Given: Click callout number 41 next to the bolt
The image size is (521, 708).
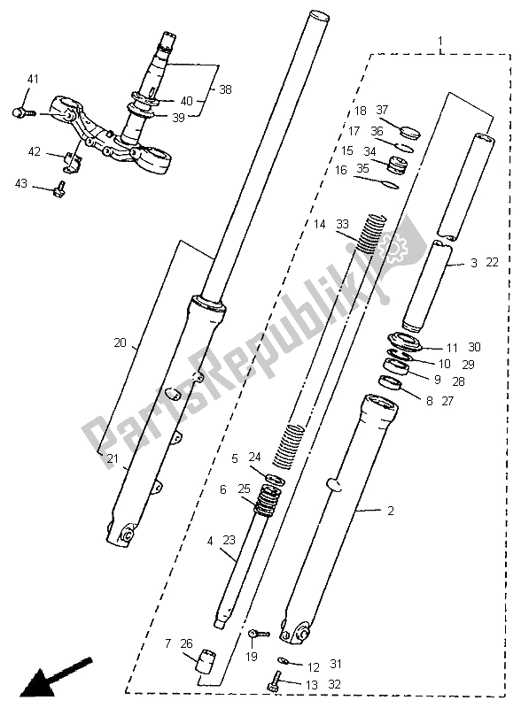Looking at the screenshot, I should point(33,81).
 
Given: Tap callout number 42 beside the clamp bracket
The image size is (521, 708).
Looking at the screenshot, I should point(33,151).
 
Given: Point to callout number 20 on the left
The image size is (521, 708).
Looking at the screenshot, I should point(120,342).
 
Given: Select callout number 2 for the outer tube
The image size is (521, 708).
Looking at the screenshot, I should point(388,511).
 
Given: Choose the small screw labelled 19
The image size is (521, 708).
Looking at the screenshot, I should point(256,634).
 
